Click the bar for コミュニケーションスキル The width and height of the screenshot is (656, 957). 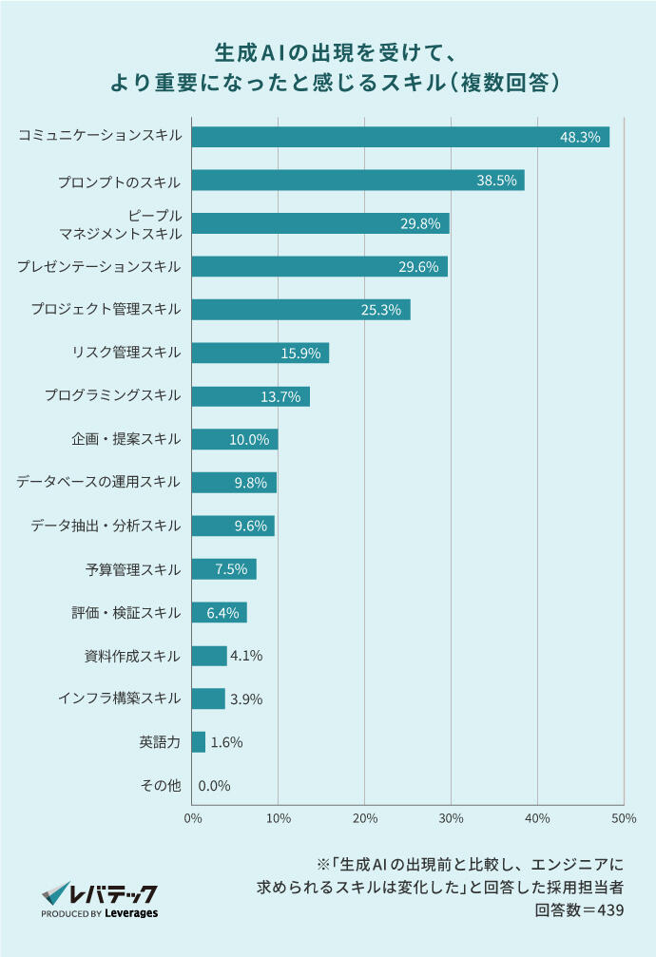pos(399,137)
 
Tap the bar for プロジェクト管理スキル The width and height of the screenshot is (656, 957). pos(300,310)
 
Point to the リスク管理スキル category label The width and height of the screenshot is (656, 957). pos(125,354)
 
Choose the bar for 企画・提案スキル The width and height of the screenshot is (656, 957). pos(234,439)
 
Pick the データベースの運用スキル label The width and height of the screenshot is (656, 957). pos(98,483)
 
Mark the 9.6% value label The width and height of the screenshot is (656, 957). pos(250,526)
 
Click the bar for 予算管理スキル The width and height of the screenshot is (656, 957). pos(223,569)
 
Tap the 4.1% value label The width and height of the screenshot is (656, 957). pos(246,656)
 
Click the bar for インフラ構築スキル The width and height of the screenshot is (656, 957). pos(208,699)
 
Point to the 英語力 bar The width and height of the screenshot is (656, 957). pos(198,742)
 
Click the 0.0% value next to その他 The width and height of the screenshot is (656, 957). pos(214,786)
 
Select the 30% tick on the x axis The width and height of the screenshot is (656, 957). pos(451,818)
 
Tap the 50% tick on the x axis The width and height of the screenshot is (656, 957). pos(624,818)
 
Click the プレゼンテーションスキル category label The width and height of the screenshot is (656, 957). pos(98,267)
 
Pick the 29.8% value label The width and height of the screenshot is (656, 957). pos(420,224)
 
